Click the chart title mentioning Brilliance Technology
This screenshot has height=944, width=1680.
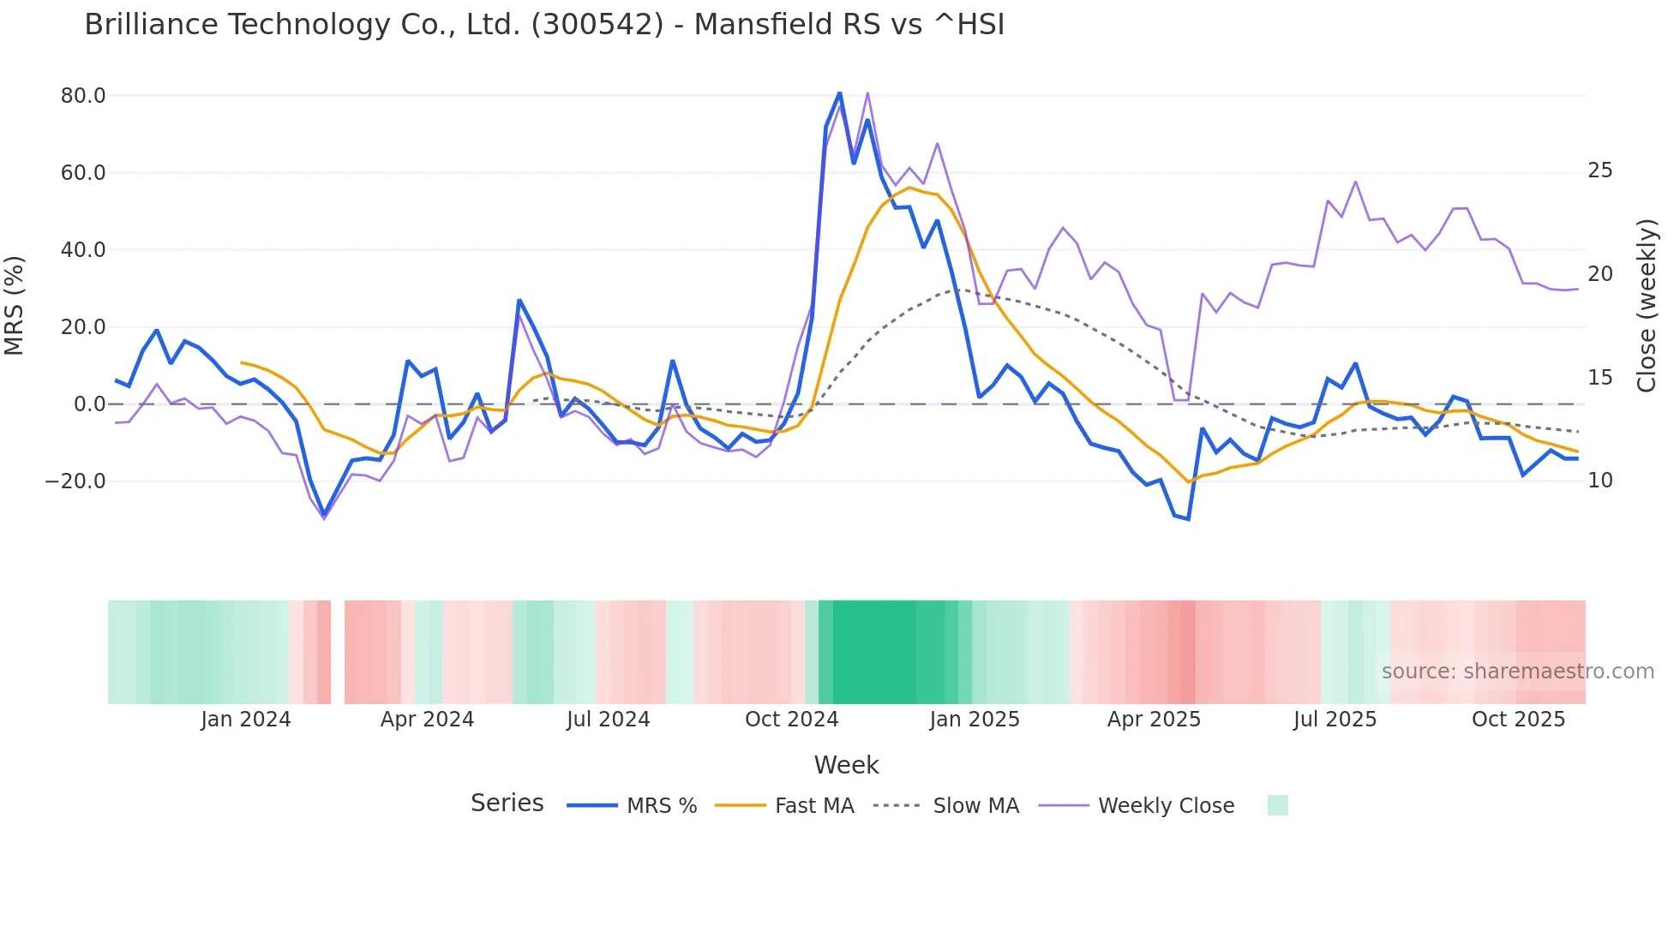[x=544, y=25]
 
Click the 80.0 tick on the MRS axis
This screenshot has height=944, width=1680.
[x=83, y=96]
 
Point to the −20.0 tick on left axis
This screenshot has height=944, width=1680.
[x=75, y=481]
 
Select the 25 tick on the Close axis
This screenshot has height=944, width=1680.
[x=1599, y=170]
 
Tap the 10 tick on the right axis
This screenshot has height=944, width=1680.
[x=1599, y=481]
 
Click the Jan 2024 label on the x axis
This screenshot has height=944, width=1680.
[x=246, y=720]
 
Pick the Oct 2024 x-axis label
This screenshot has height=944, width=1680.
[x=791, y=720]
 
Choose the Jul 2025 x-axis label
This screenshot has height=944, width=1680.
[x=1335, y=720]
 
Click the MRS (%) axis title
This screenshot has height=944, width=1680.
[x=15, y=306]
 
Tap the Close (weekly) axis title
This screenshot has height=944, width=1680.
[x=1646, y=306]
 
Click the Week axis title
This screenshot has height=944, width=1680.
[x=846, y=765]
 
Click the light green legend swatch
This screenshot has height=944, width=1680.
[x=1277, y=805]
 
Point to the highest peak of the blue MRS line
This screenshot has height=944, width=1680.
[x=839, y=93]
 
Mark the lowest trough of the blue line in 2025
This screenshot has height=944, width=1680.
[x=1188, y=519]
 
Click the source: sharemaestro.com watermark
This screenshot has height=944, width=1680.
[x=1517, y=672]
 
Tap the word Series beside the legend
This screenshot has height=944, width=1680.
[x=507, y=804]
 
